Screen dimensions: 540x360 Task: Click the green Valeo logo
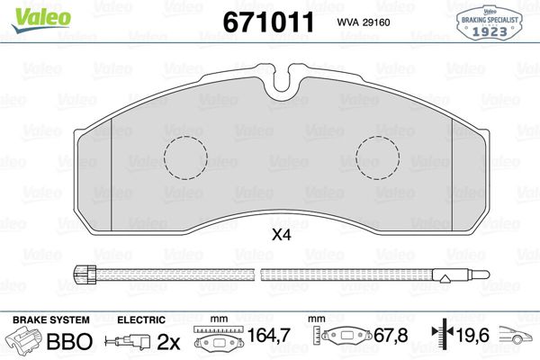[41, 19]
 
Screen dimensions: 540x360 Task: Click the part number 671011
[268, 22]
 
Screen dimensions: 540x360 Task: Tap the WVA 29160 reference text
[364, 22]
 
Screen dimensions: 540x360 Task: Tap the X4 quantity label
[282, 235]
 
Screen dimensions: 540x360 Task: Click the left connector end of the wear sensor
[85, 274]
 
